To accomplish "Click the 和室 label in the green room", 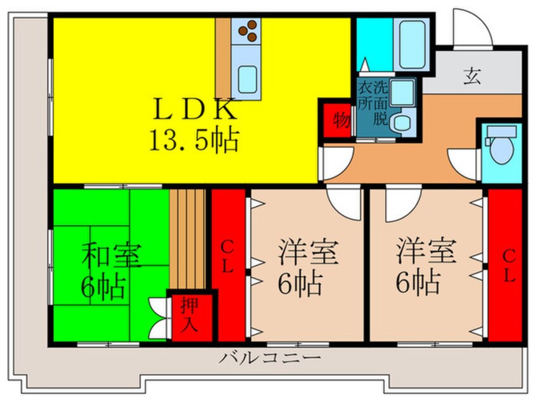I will [x=112, y=254].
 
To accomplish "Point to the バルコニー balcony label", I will [x=269, y=358].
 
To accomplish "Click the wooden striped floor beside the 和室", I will [x=188, y=238].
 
